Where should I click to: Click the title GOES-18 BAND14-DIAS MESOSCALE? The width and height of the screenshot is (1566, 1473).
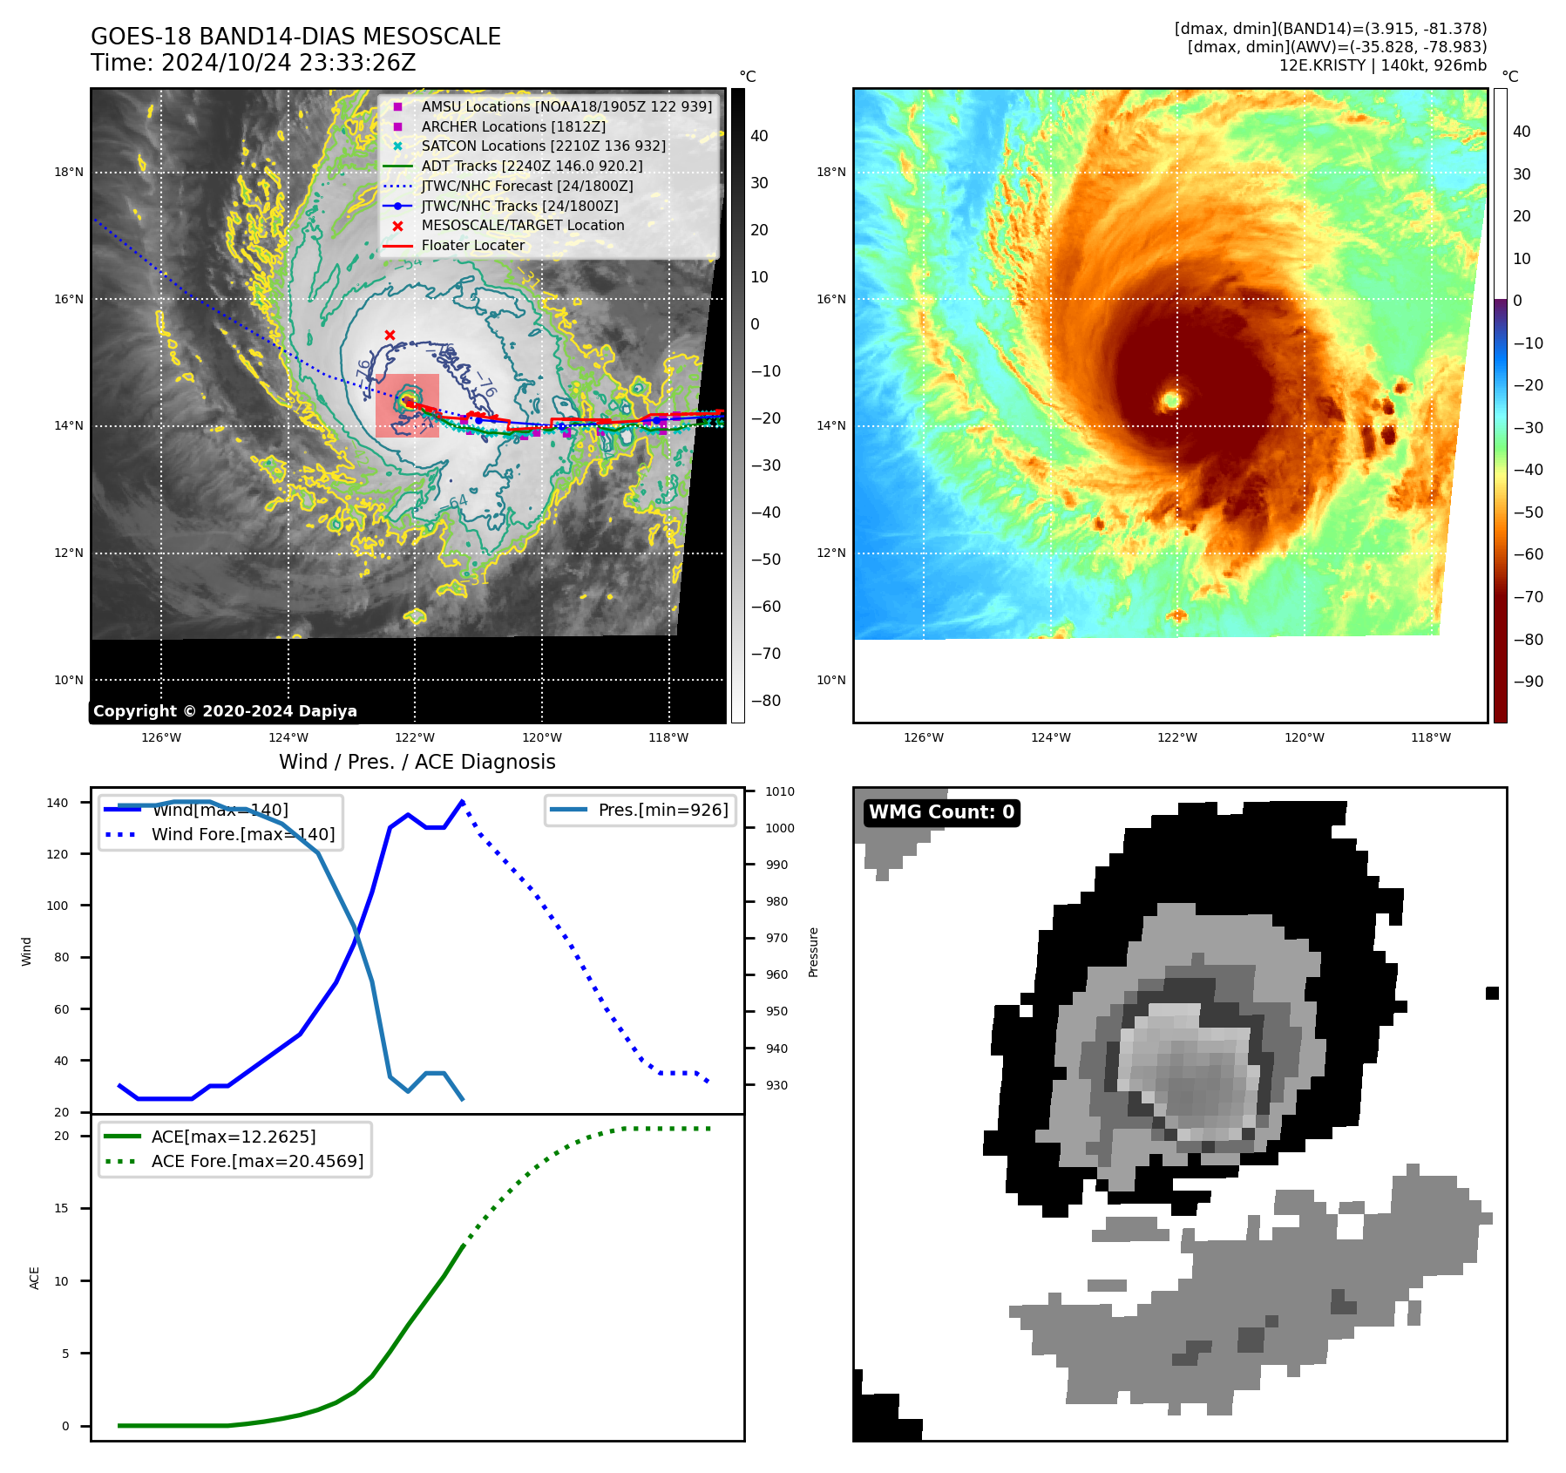click(295, 37)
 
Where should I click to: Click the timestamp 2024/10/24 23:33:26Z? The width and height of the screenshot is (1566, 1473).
click(288, 64)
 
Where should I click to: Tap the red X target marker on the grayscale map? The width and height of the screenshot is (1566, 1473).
click(390, 336)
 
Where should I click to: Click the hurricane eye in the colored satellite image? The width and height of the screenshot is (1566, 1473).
click(1171, 400)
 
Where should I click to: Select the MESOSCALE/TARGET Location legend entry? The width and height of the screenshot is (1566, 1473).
click(522, 226)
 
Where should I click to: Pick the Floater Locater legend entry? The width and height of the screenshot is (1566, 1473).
click(472, 246)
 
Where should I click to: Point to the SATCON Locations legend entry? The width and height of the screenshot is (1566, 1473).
click(543, 146)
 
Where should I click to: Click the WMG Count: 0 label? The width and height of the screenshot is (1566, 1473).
click(941, 812)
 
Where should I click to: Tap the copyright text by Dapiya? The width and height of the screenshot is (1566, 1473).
click(225, 711)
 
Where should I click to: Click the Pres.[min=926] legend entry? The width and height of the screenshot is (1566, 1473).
click(662, 810)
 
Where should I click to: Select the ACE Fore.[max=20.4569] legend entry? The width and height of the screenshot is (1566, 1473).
click(257, 1161)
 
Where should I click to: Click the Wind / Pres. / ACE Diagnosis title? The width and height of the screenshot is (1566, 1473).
click(417, 762)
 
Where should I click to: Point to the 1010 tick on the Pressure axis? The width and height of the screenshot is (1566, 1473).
click(780, 791)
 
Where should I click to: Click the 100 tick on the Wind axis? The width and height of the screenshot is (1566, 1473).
click(57, 906)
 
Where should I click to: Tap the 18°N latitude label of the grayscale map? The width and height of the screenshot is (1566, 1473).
click(69, 173)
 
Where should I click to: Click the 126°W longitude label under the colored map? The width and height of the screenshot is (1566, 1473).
click(923, 737)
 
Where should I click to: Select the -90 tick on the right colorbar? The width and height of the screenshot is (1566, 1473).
click(1528, 682)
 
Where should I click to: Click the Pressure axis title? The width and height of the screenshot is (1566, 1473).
click(813, 952)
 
